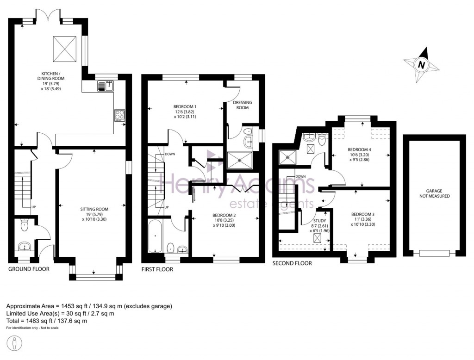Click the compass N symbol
click(421, 65)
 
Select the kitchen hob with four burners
click(119, 115)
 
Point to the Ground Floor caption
click(29, 269)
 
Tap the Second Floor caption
click(292, 263)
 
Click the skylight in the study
click(318, 239)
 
